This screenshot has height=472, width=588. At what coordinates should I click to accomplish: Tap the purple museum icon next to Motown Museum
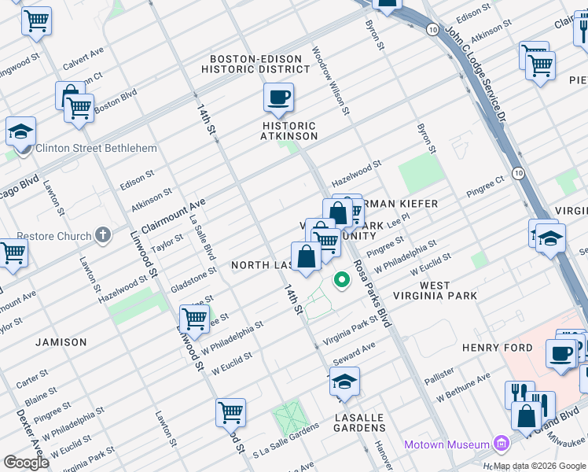(500, 444)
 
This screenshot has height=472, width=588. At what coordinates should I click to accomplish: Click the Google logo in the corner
(27, 463)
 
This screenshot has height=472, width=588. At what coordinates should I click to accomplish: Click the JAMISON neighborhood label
(61, 342)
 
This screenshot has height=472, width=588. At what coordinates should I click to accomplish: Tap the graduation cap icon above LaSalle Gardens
(344, 382)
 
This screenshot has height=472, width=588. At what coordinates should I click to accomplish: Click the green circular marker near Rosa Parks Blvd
(342, 279)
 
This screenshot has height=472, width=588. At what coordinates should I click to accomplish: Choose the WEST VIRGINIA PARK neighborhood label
(447, 290)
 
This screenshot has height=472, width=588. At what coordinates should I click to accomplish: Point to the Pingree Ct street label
(484, 188)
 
